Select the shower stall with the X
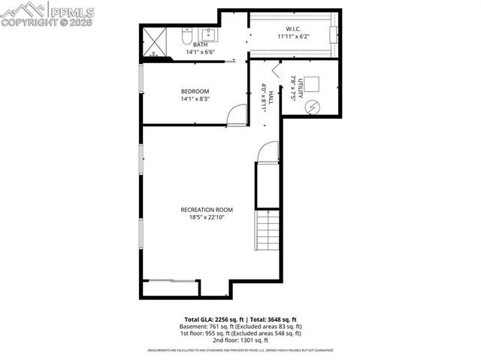point(157,42)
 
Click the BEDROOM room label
point(194,91)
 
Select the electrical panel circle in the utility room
point(310,107)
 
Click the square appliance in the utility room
point(310,84)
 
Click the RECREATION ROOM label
point(207,209)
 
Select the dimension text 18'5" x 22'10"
point(207,217)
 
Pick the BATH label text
point(201,44)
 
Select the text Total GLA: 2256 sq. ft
point(211,319)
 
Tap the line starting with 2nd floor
point(240,340)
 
